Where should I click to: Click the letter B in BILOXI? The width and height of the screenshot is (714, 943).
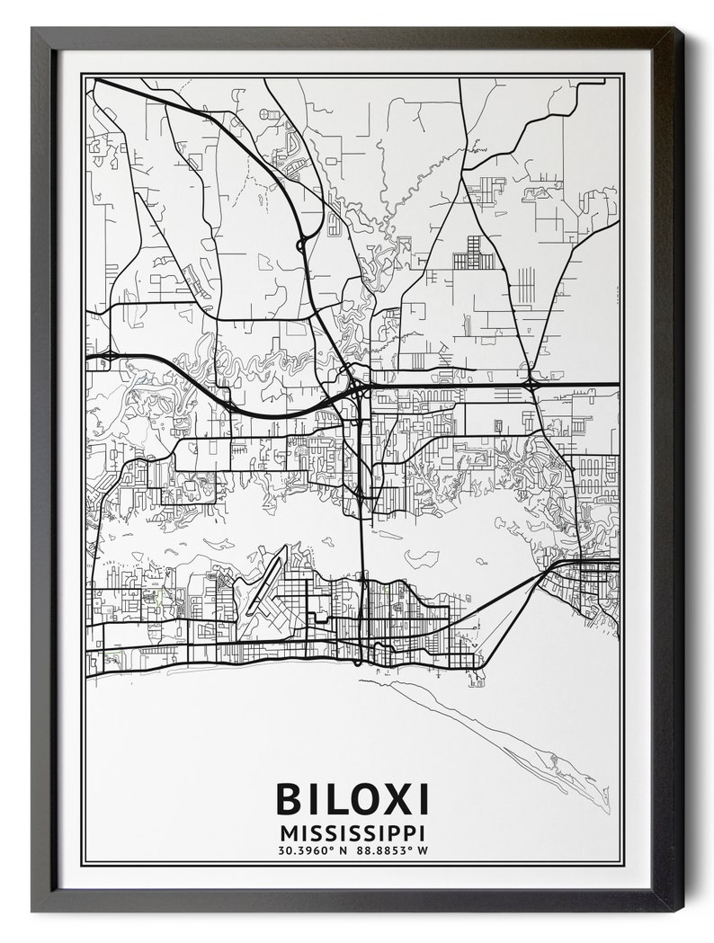click(x=293, y=799)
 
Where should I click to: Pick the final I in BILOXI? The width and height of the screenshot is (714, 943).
click(x=422, y=799)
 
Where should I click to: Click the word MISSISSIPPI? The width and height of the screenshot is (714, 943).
click(x=353, y=832)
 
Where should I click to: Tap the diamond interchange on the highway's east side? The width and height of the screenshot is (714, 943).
click(x=531, y=385)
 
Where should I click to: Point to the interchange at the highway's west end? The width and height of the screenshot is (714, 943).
click(x=107, y=357)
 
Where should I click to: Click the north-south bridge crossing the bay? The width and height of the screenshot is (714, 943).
click(x=361, y=539)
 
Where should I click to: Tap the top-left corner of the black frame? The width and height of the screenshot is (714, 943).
click(x=33, y=30)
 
